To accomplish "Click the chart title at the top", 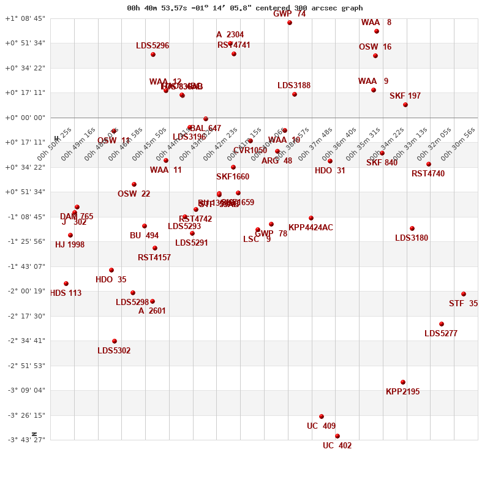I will point(244,8).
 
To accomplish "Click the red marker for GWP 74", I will point(290,23).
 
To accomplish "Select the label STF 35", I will point(463,304).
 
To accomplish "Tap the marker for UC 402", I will point(337,436).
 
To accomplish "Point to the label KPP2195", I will point(402,392).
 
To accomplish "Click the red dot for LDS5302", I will point(115,341).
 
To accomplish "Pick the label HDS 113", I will point(66,293).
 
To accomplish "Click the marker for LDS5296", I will point(153,55).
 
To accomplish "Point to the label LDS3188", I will point(294,86).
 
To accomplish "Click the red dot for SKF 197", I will point(405,105).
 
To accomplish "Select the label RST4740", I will point(428,174).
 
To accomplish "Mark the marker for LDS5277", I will point(442,324).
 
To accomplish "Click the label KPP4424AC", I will point(311,228).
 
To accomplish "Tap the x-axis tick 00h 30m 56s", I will point(458,145).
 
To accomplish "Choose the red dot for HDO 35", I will point(111,270).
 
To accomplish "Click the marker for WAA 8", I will point(377,31).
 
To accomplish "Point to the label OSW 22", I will point(134,194).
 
